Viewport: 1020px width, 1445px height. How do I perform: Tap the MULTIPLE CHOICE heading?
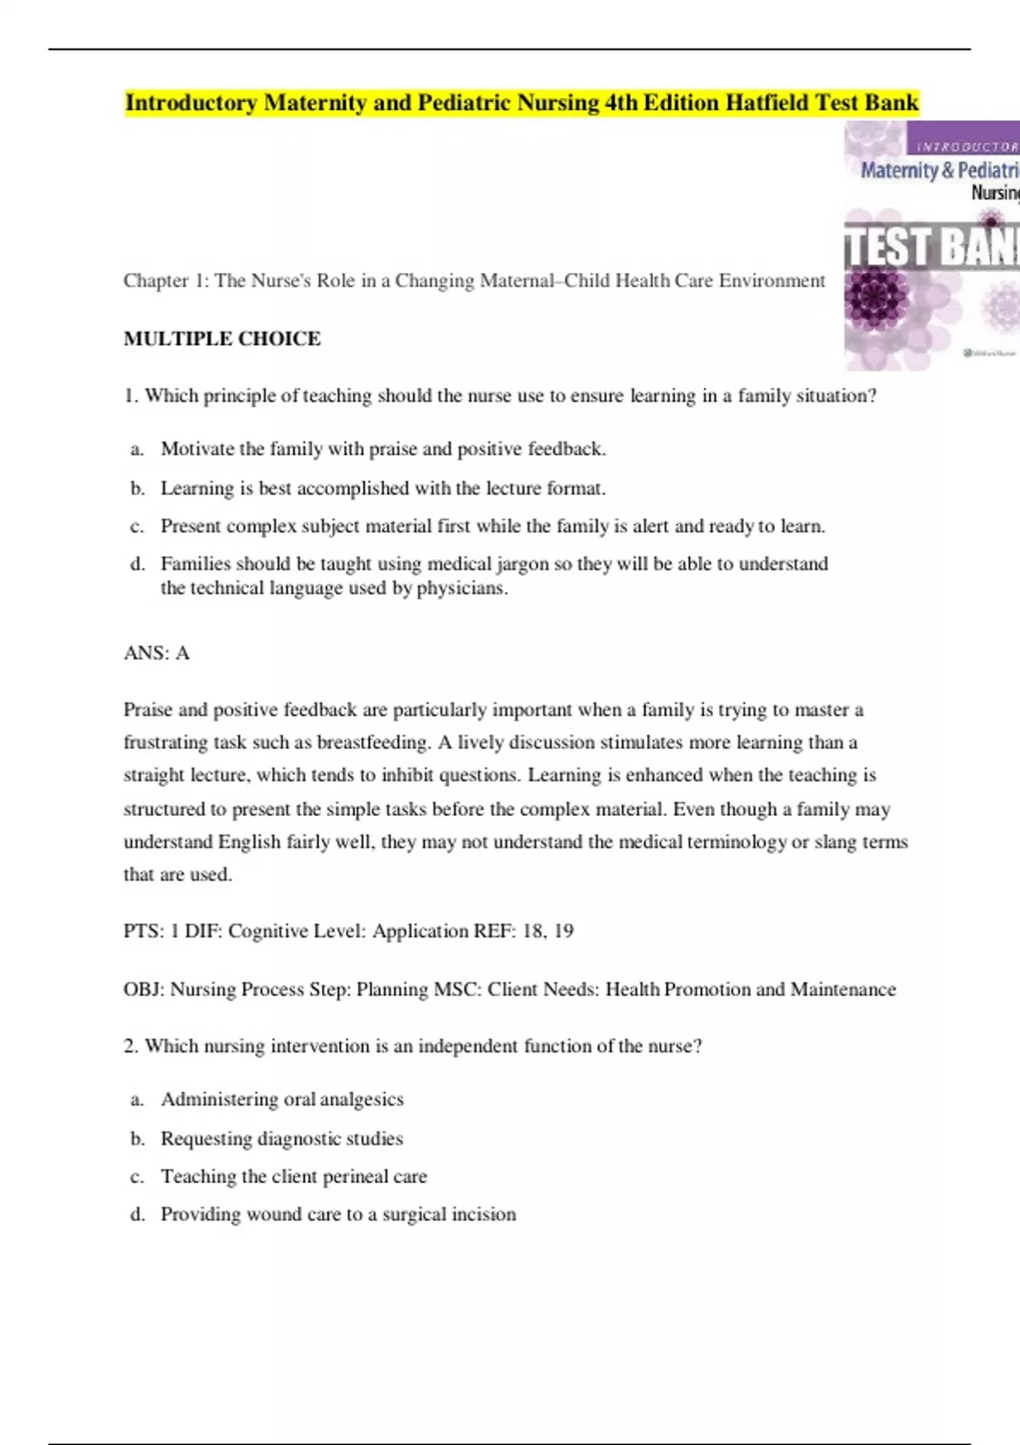coord(222,338)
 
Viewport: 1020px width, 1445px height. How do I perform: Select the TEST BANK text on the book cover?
coord(932,247)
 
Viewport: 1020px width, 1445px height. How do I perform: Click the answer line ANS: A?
coord(156,653)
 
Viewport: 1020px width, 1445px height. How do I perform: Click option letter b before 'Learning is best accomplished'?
coord(137,489)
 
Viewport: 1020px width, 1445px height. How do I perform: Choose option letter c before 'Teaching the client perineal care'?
coord(137,1177)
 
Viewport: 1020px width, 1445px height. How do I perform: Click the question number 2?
coord(130,1046)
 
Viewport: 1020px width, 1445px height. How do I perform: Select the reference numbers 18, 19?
coord(548,931)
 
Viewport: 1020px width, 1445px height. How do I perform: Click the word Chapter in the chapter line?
coord(156,280)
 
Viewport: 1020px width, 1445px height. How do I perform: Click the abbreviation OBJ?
coord(144,989)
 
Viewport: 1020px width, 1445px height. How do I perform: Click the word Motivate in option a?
coord(196,449)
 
